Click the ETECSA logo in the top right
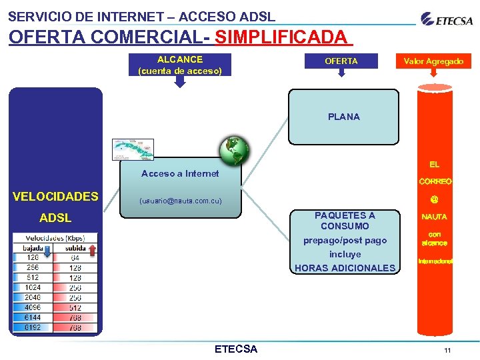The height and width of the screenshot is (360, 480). point(447,19)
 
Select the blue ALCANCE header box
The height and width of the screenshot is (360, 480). point(179,65)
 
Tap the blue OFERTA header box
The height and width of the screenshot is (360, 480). point(341,61)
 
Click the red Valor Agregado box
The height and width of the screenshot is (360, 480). point(433,61)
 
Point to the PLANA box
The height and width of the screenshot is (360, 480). point(343,117)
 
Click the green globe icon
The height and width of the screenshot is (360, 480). point(235,151)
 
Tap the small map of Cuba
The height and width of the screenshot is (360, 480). point(133,149)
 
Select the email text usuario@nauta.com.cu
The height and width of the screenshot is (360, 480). point(180,201)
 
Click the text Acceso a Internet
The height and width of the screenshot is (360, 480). point(180,173)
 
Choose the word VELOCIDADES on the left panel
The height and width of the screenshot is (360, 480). point(56,196)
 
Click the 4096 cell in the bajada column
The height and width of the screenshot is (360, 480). point(33,307)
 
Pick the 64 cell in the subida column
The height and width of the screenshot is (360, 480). point(75,257)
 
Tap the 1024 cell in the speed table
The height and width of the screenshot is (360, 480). point(33,287)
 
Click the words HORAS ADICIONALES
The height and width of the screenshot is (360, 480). point(345,268)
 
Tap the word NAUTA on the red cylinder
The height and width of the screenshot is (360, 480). point(434,217)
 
